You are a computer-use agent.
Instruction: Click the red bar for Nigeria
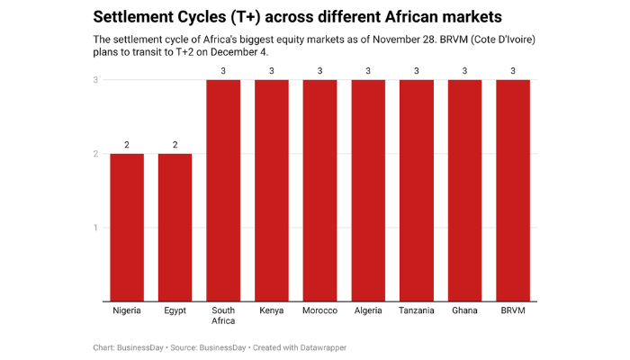pos(127,227)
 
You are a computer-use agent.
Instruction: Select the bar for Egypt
pos(175,227)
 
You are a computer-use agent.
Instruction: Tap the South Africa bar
pos(223,191)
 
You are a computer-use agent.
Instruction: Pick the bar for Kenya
pos(272,191)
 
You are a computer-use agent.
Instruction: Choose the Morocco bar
pos(319,191)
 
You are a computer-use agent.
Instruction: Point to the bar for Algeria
pos(368,191)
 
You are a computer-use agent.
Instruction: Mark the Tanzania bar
pos(417,191)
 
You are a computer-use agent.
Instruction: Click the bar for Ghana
pos(464,191)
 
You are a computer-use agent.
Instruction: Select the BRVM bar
pos(513,191)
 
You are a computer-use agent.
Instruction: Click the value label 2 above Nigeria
pos(127,145)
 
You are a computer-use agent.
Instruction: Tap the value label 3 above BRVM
pos(513,71)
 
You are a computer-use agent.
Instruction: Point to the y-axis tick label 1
pos(96,228)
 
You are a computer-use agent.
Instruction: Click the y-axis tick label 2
pos(96,154)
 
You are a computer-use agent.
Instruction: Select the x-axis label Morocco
pos(319,310)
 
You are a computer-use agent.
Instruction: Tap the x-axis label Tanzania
pos(417,310)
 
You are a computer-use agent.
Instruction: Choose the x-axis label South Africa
pos(223,316)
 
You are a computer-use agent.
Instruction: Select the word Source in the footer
pos(184,347)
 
